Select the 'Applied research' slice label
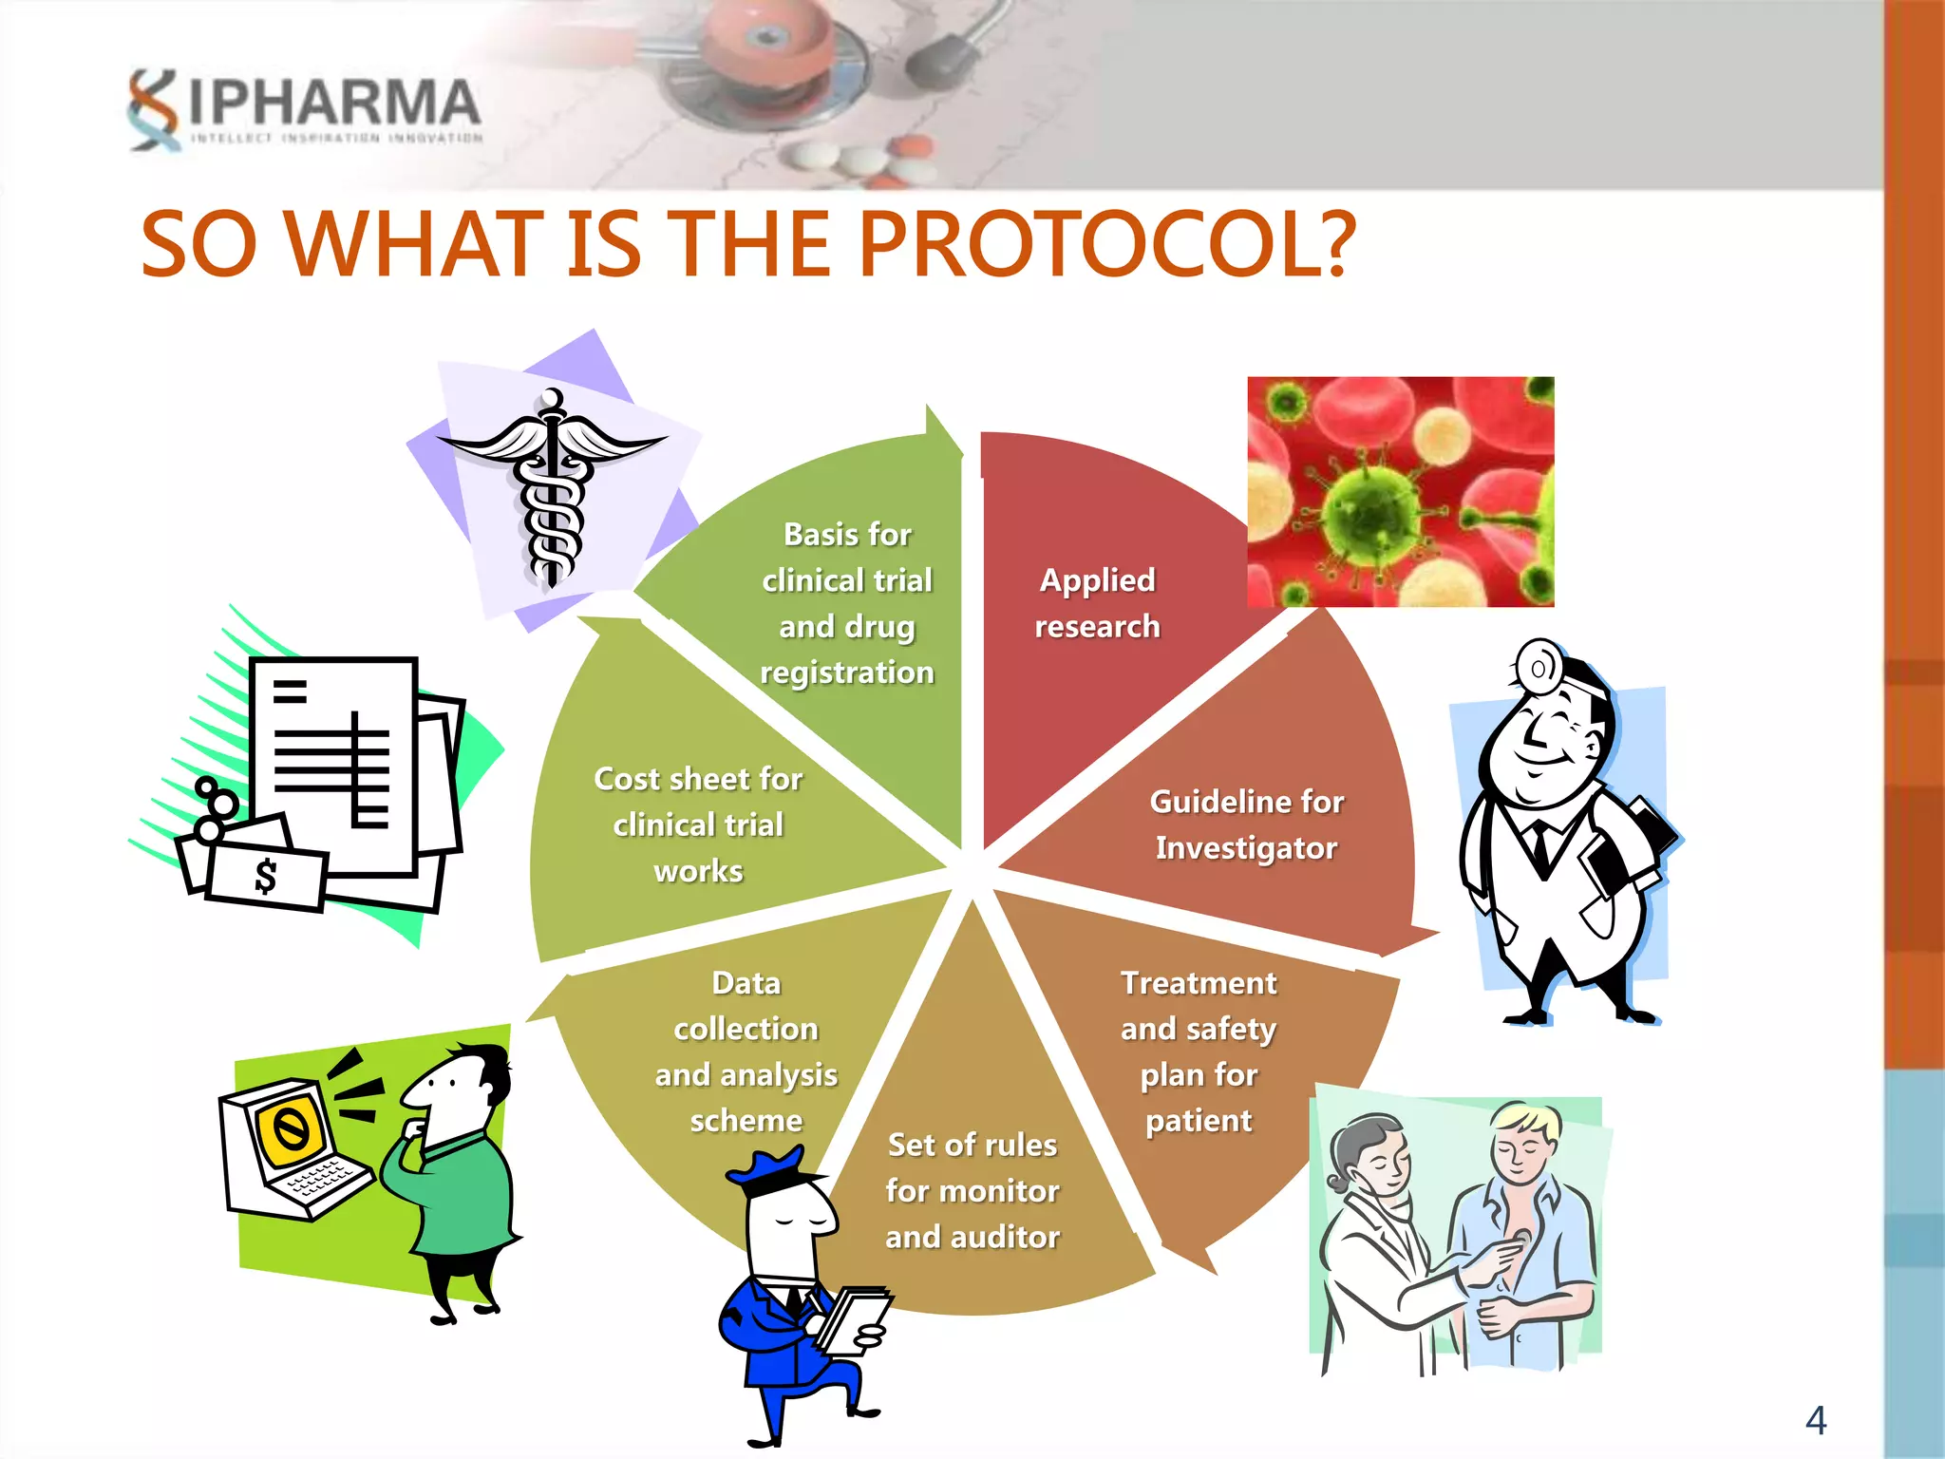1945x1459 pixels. click(1097, 603)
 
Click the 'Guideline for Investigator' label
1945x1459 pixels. click(1246, 824)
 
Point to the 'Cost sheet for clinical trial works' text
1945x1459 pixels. click(698, 824)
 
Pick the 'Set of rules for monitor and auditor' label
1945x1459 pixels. click(972, 1191)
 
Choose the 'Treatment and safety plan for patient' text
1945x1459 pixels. click(1199, 1052)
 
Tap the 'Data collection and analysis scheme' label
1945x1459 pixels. click(746, 1052)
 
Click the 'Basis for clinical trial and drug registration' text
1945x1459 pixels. click(847, 603)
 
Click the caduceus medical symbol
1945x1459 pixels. click(551, 484)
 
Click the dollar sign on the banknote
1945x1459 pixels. click(267, 876)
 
